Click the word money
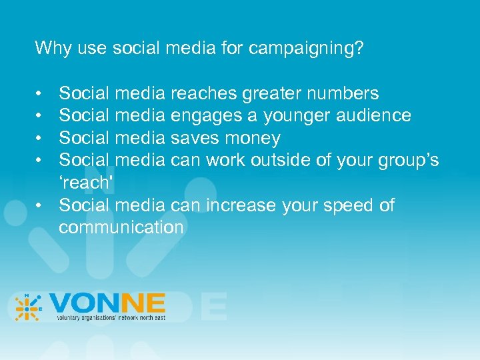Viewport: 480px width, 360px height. tap(253, 139)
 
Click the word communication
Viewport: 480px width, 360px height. tap(121, 227)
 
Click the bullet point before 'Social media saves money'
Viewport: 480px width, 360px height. tap(41, 139)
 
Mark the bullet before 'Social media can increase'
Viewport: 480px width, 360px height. tap(41, 205)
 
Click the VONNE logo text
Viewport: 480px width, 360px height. tap(107, 303)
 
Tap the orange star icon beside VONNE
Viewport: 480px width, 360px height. tap(28, 307)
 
